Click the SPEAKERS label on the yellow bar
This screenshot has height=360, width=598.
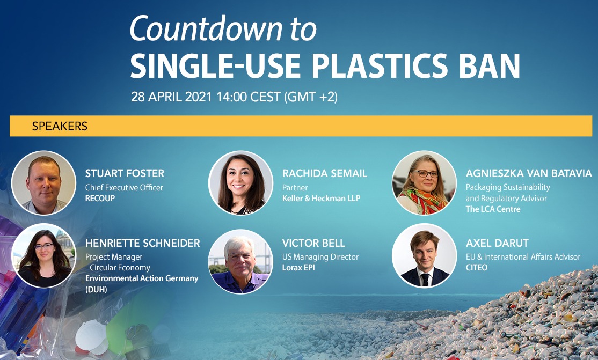tap(60, 127)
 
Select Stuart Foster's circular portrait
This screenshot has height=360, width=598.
tap(43, 183)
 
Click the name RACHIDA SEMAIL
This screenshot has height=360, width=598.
tap(324, 173)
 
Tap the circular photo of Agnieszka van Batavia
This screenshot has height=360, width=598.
tap(424, 183)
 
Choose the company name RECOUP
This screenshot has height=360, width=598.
tap(100, 198)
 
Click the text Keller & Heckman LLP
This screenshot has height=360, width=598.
tap(321, 198)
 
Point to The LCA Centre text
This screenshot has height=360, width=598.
tap(493, 209)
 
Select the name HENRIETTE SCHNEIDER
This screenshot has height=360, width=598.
tap(142, 244)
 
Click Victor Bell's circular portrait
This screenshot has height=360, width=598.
tap(240, 262)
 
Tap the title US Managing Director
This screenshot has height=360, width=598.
tap(321, 257)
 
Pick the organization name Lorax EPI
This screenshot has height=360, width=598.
tap(298, 267)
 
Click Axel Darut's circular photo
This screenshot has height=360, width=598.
tap(424, 255)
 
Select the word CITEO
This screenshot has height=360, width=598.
tap(477, 267)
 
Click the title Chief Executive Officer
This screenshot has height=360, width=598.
tap(124, 188)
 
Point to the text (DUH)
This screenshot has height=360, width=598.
tap(97, 289)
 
